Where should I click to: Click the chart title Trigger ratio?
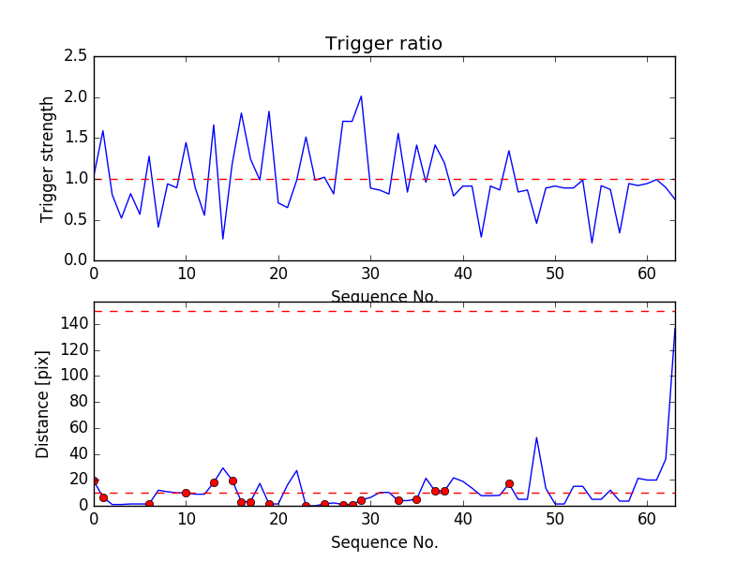coord(383,44)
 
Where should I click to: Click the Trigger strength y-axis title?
coord(48,158)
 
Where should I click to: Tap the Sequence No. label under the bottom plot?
coord(383,542)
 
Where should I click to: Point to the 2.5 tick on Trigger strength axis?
coord(76,56)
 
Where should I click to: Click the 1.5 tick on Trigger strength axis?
coord(76,138)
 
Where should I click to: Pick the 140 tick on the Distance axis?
coord(73,324)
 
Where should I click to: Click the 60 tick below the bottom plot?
coord(647,520)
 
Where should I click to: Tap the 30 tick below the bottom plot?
coord(370,520)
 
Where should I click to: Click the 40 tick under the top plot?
coord(462,275)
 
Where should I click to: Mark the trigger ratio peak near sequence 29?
coord(361,96)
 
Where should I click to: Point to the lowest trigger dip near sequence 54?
coord(592,243)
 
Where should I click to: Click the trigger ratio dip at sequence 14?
coord(223,239)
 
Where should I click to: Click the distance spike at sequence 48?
coord(536,437)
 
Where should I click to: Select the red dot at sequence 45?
coord(509,483)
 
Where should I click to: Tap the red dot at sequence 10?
coord(186,493)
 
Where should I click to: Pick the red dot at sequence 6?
coord(149,504)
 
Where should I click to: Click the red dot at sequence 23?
coord(306,506)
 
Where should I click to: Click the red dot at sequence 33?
coord(398,500)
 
